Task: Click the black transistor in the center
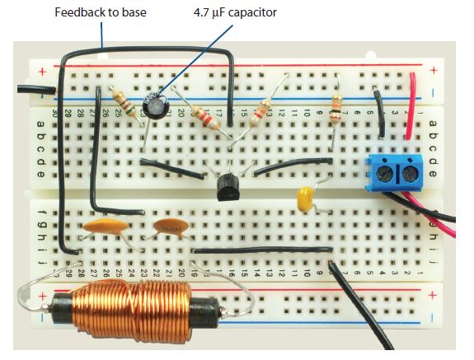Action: (229, 188)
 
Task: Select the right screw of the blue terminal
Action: (410, 173)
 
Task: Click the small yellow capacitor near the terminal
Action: (306, 199)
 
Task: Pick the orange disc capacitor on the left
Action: (106, 227)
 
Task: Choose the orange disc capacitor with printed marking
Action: (171, 227)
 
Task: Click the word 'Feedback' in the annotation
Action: (79, 12)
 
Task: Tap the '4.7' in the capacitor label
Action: (200, 12)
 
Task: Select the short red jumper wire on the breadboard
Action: (411, 105)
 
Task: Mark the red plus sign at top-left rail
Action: (42, 72)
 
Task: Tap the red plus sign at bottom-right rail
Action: (434, 294)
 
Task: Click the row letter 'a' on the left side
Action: (41, 124)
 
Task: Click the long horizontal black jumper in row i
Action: (262, 250)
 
